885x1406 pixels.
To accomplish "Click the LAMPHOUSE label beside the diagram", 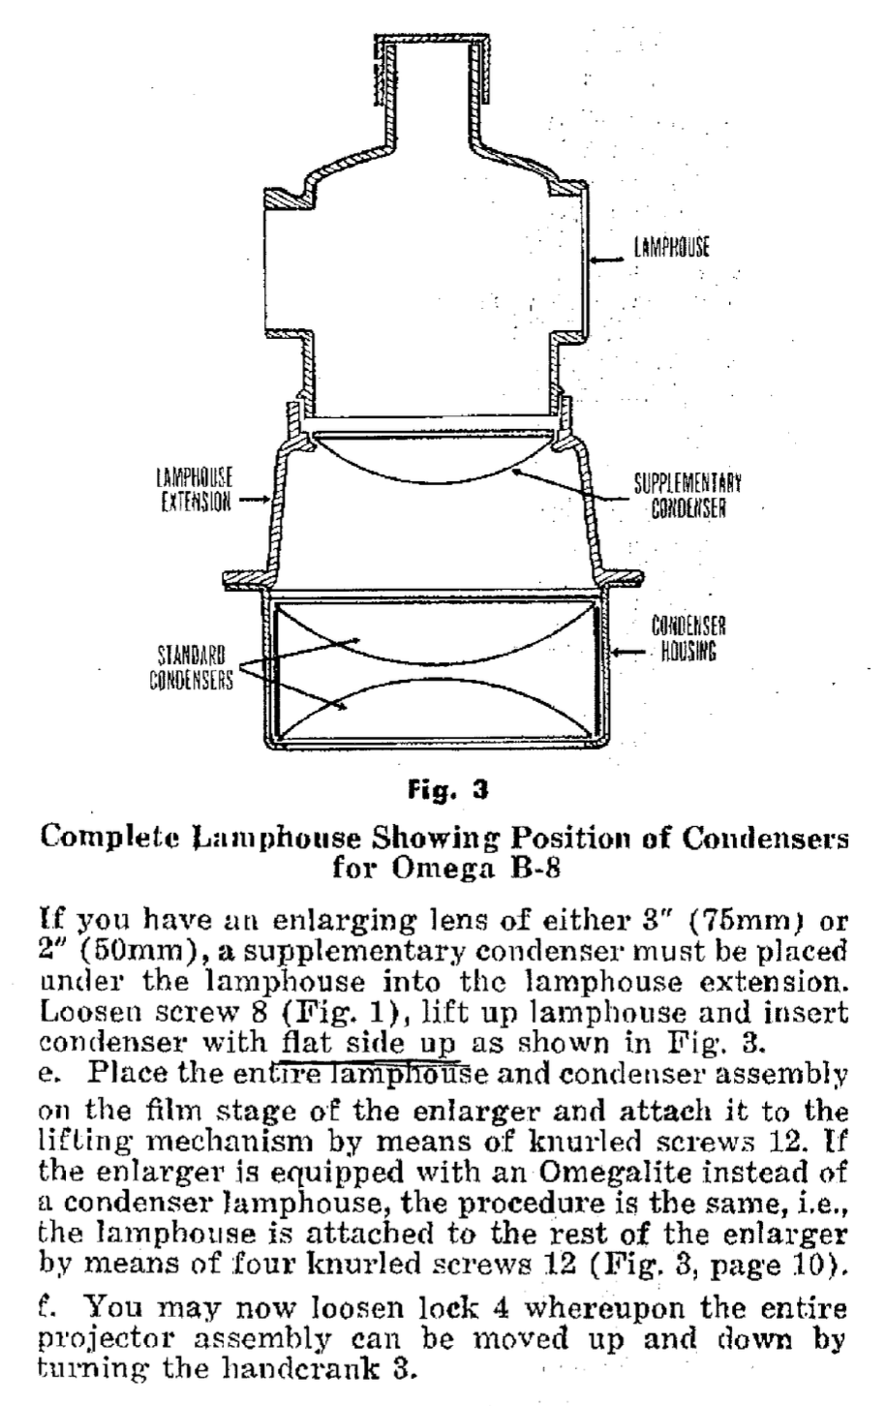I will [672, 248].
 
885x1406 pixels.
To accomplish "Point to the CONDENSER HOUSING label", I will [688, 639].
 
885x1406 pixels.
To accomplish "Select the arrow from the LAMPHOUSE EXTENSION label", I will [254, 501].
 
